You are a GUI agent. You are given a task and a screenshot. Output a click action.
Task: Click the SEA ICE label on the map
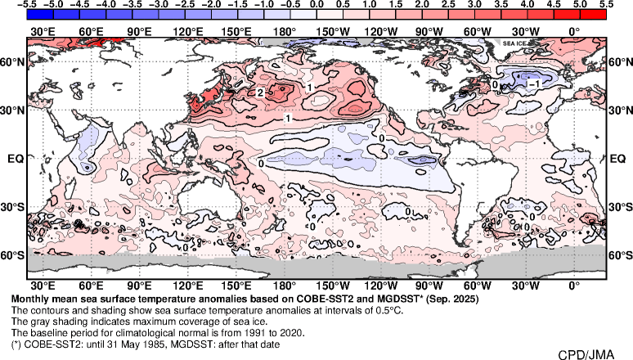514,43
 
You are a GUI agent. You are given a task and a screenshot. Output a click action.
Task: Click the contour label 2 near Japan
259,93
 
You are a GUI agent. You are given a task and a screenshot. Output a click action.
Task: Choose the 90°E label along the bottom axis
139,286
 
